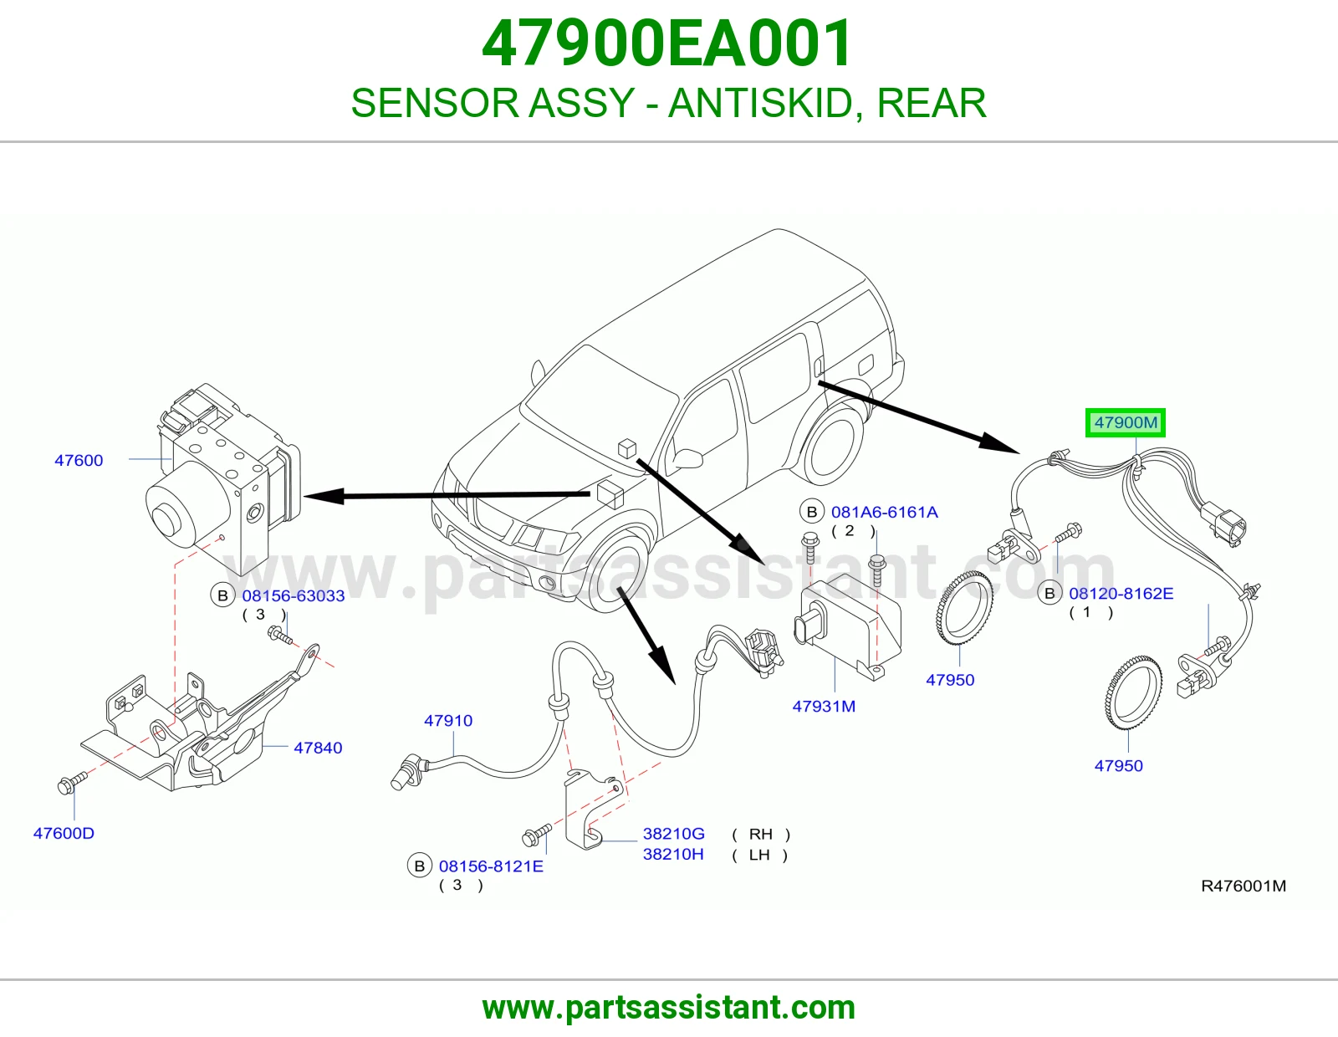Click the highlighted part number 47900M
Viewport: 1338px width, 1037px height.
point(1126,422)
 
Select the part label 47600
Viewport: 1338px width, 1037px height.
point(79,460)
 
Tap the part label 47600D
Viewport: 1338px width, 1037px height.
point(64,833)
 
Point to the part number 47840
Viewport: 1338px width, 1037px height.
point(318,748)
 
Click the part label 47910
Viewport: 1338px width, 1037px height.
point(448,721)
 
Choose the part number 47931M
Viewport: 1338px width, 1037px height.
point(824,707)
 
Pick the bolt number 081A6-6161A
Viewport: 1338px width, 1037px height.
point(884,512)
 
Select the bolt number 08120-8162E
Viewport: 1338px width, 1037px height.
point(1121,594)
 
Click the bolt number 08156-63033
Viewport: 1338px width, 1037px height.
point(293,595)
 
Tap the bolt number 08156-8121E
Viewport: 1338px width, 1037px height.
point(491,866)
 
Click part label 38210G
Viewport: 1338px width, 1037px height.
point(674,833)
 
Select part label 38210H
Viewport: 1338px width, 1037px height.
point(673,854)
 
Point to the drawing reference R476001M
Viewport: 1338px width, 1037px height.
point(1244,886)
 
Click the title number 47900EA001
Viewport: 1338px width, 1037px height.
point(667,43)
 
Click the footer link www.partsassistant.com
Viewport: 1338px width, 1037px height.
point(669,1008)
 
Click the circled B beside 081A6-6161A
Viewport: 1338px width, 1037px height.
point(811,512)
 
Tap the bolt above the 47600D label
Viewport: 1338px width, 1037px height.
point(71,783)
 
